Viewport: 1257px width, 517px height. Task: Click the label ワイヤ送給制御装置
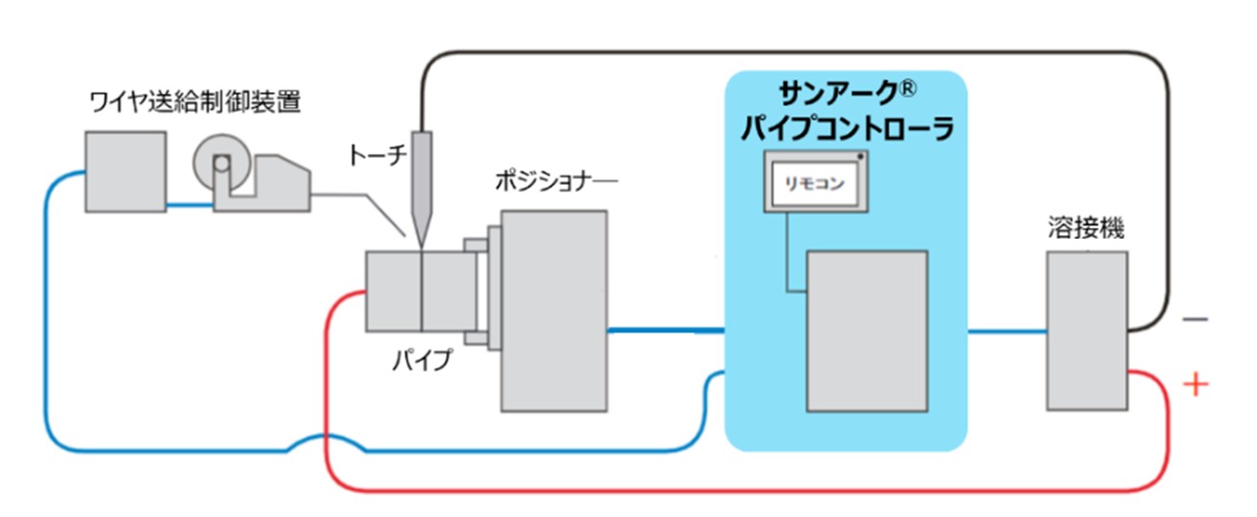tap(194, 100)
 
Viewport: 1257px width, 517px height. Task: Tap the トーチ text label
tap(378, 154)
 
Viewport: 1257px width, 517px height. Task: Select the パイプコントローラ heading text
tap(845, 129)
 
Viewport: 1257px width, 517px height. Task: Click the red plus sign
tap(1194, 385)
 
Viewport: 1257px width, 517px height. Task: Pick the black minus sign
tap(1194, 318)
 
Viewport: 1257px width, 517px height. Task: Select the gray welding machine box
tap(1087, 332)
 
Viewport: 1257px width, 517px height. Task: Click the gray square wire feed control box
tap(124, 172)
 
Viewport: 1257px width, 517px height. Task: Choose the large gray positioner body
tap(553, 310)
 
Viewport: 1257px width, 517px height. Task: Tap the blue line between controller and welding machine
tap(1007, 332)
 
